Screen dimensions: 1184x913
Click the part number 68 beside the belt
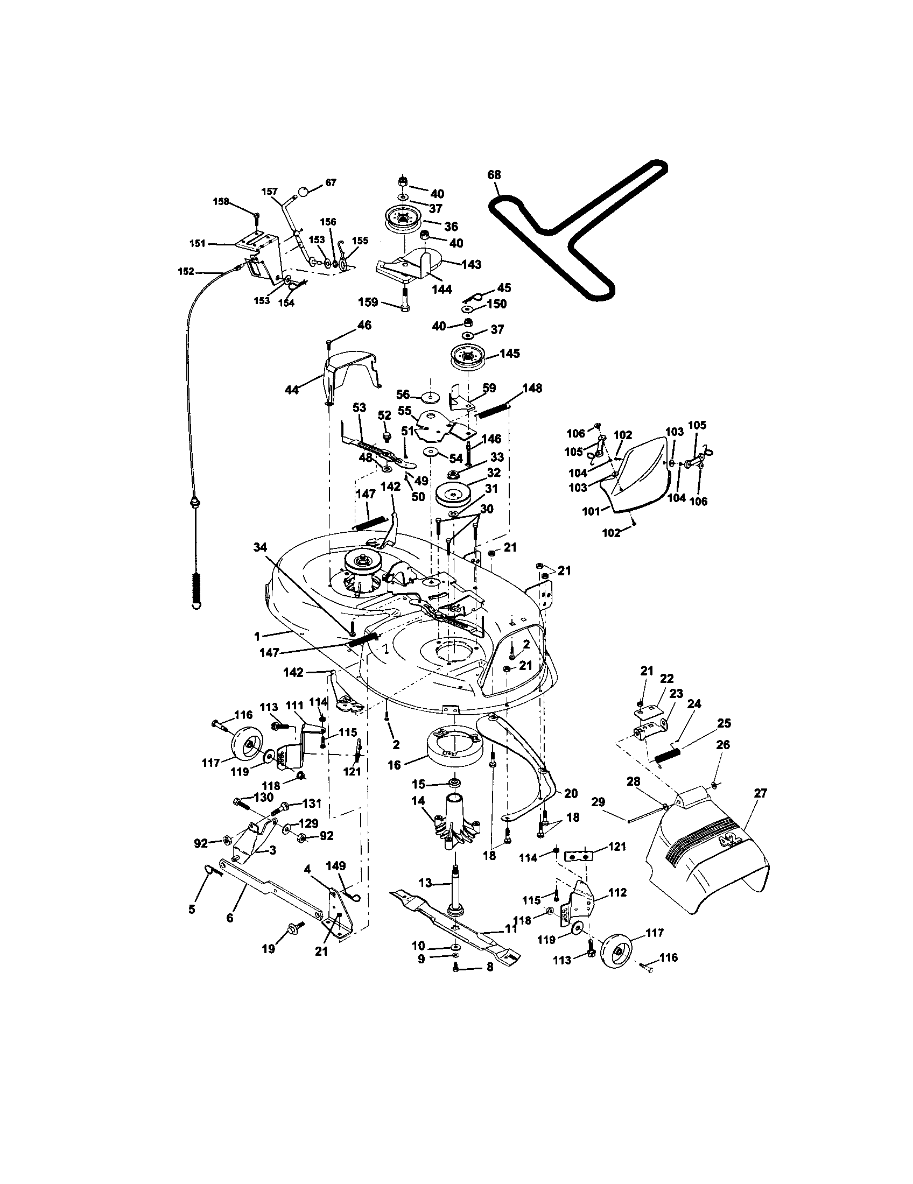point(494,175)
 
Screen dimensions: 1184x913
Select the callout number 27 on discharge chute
point(761,793)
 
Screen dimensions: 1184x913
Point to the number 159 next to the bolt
point(368,301)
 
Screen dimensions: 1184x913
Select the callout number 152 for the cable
point(186,272)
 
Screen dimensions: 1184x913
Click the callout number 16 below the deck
point(394,764)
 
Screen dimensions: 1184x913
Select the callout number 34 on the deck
point(260,548)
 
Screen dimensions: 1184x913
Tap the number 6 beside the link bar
point(229,918)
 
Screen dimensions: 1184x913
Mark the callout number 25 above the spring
point(724,723)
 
